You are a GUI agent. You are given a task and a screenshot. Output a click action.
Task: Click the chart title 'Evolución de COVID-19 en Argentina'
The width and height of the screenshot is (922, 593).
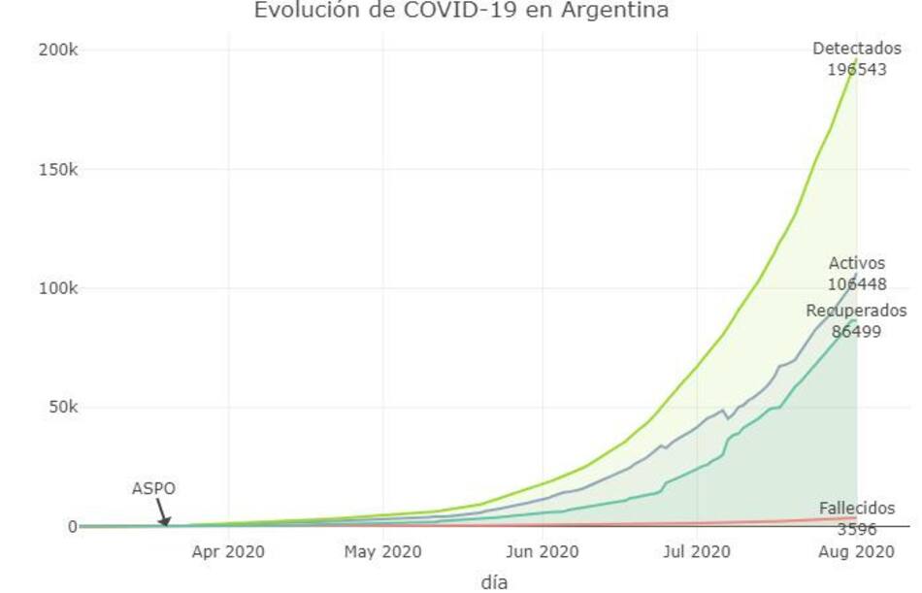(461, 11)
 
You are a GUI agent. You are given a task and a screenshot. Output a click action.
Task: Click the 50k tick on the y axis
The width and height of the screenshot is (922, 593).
(61, 407)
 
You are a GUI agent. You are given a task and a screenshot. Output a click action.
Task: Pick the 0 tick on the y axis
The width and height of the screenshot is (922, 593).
(71, 526)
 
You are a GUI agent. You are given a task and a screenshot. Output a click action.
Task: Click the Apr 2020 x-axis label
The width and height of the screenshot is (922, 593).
(227, 552)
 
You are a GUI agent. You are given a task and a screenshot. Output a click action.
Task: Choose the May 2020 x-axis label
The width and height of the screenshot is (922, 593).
(382, 552)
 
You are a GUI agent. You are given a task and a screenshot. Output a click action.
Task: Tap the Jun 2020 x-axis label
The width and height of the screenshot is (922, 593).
(543, 552)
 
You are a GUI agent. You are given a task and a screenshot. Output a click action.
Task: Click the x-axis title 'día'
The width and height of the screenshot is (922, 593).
(494, 582)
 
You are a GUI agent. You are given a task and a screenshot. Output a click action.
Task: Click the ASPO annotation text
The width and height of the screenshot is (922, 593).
(153, 489)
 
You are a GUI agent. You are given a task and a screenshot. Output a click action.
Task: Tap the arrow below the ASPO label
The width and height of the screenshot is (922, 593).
(162, 512)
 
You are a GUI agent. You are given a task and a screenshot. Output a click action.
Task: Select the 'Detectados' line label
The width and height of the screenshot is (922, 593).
(856, 49)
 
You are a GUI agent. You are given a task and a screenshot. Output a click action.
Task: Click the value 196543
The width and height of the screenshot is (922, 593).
(856, 69)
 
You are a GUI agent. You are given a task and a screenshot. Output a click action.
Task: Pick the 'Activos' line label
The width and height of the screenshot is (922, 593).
(856, 264)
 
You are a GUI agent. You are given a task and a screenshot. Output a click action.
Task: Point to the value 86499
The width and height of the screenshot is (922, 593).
(856, 331)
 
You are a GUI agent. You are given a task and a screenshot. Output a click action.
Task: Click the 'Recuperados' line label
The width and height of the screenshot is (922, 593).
(856, 311)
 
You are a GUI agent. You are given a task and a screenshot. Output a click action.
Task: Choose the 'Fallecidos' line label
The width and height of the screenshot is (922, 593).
(856, 509)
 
